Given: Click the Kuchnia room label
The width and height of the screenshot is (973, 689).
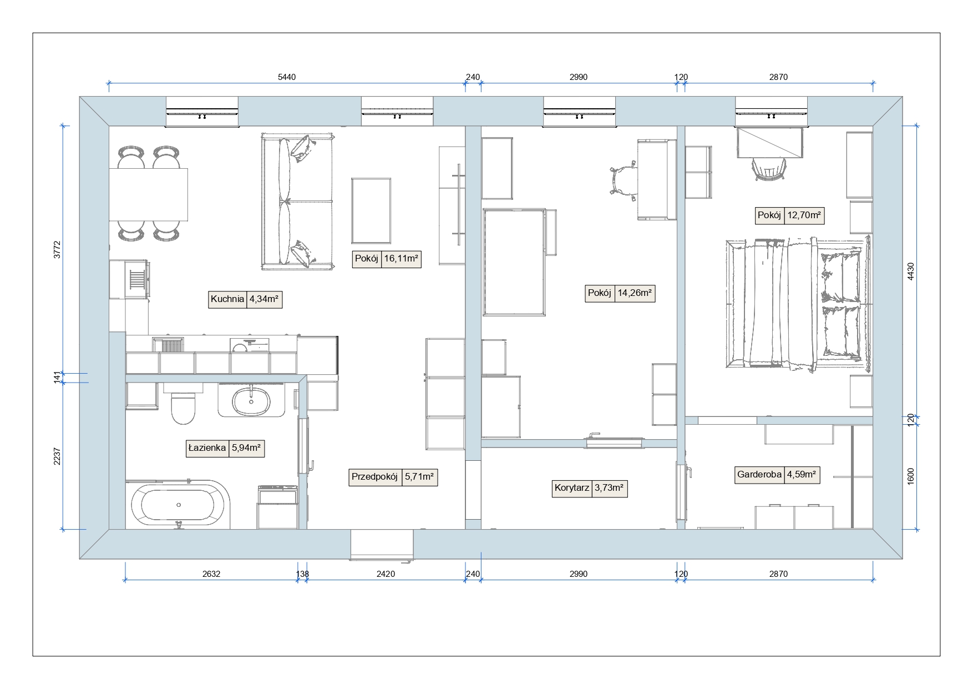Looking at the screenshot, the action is pyautogui.click(x=227, y=299).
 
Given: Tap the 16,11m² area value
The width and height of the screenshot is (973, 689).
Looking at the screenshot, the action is pyautogui.click(x=401, y=259).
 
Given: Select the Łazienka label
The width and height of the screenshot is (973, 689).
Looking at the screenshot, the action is pyautogui.click(x=207, y=448).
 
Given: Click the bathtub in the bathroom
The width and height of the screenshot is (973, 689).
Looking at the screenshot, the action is pyautogui.click(x=178, y=504).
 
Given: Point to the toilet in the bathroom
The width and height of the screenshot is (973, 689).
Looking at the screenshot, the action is pyautogui.click(x=183, y=408).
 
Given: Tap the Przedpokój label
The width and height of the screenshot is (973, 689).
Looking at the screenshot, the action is pyautogui.click(x=375, y=477).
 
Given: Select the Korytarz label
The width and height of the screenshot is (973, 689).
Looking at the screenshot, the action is pyautogui.click(x=572, y=489).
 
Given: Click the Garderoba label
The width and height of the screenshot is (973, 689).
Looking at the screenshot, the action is pyautogui.click(x=759, y=475).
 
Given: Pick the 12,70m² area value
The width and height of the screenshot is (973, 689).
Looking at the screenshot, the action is pyautogui.click(x=804, y=215).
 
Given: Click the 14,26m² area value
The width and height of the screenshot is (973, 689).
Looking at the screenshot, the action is pyautogui.click(x=635, y=293).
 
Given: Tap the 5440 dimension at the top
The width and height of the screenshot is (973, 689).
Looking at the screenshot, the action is pyautogui.click(x=287, y=77).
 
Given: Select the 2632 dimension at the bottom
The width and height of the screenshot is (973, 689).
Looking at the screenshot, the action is pyautogui.click(x=211, y=574).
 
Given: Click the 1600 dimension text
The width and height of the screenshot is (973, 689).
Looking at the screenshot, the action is pyautogui.click(x=910, y=476).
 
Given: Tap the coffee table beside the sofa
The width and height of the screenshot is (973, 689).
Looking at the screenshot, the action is pyautogui.click(x=371, y=211).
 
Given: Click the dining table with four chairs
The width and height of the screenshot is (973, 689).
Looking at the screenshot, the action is pyautogui.click(x=149, y=194).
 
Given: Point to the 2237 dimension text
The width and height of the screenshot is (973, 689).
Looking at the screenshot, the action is pyautogui.click(x=57, y=456).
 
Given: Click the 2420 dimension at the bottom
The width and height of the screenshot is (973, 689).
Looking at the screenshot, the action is pyautogui.click(x=386, y=574).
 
